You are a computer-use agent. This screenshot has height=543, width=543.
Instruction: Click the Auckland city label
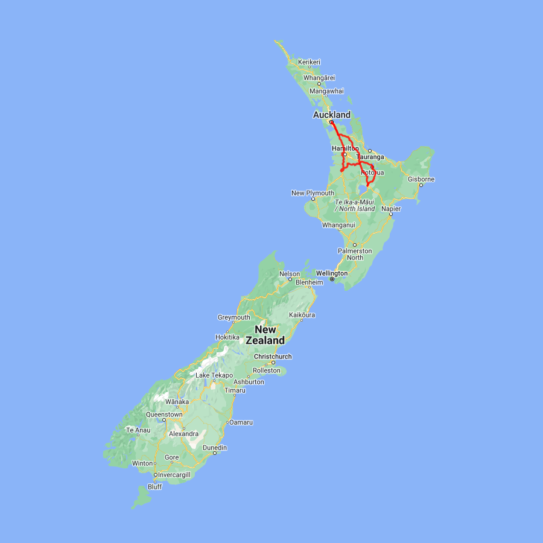point(331,115)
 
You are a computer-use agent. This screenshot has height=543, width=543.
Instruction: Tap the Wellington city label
point(332,273)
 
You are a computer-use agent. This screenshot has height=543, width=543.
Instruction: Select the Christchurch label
point(273,357)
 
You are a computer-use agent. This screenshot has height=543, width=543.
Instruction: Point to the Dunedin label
point(215,448)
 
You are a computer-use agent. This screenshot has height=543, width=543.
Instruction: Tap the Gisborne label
point(421,179)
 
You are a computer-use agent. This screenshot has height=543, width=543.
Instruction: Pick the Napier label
point(391,209)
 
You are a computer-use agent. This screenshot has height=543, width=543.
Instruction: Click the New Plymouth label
point(313,193)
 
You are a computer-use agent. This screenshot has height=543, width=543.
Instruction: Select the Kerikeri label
point(309,62)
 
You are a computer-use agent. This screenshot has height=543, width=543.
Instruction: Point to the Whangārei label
point(319,78)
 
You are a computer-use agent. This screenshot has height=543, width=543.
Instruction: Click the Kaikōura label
point(302,315)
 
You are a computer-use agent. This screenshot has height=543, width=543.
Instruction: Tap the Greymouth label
point(233,317)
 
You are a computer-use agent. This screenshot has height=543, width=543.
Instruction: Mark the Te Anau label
point(138,430)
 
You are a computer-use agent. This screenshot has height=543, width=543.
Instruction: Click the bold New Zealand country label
point(269,335)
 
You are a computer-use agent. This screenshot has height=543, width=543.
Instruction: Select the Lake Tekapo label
point(214,375)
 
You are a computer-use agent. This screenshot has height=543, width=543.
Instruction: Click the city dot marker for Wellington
point(332,279)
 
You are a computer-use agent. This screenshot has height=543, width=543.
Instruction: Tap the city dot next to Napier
point(391,214)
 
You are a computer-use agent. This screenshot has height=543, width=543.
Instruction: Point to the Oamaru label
point(241,422)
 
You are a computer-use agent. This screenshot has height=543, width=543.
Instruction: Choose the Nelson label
point(289,274)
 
